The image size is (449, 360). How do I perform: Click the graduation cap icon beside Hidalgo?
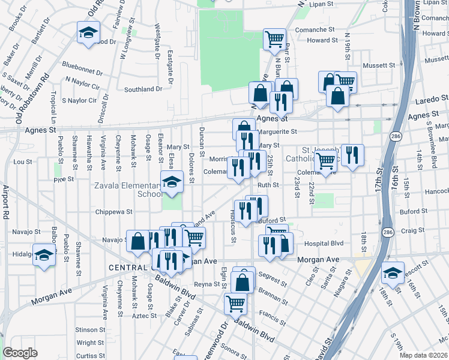point(44,254)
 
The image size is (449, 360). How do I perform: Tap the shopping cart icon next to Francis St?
point(235,302)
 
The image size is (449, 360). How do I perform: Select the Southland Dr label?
point(143,89)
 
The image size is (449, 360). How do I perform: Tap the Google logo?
point(20,353)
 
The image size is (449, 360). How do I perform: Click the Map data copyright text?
point(424,355)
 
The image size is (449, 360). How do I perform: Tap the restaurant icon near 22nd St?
point(352,155)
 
